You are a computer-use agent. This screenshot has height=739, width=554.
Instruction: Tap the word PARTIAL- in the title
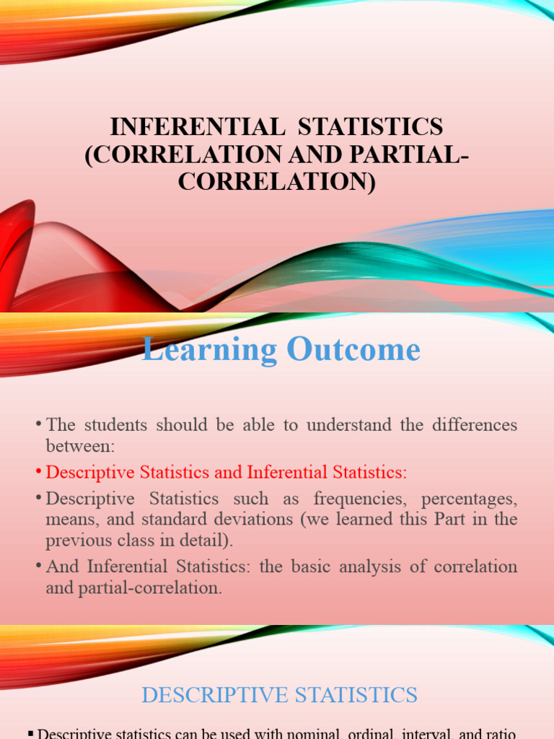(412, 154)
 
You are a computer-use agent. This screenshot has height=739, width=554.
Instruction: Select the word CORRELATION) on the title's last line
(277, 181)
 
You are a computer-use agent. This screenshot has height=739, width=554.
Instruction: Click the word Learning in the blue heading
(210, 350)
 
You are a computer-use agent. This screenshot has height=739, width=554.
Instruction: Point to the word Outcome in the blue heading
(353, 350)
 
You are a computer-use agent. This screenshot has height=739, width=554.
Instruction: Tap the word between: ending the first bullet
(80, 446)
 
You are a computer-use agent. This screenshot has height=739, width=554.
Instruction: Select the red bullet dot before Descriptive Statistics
(38, 472)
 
